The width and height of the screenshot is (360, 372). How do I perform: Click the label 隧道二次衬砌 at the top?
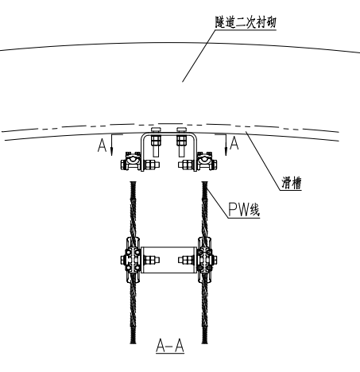[x=246, y=22]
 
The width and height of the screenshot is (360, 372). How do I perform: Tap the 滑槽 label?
[x=292, y=183]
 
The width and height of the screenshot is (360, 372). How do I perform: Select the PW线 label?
[x=244, y=210]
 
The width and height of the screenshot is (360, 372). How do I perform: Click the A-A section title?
[x=170, y=346]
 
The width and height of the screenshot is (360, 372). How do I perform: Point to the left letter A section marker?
[x=102, y=145]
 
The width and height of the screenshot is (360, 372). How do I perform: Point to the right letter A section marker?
[x=234, y=143]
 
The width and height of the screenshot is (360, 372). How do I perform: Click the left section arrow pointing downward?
[x=111, y=145]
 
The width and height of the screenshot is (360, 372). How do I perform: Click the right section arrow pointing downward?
[x=226, y=145]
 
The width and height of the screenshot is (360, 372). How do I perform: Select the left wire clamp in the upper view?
[x=131, y=161]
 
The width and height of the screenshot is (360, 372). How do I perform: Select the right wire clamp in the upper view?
[x=207, y=161]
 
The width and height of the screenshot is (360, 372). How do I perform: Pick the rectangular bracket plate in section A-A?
[x=168, y=260]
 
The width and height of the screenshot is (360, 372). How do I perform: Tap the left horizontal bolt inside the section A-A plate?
[x=152, y=260]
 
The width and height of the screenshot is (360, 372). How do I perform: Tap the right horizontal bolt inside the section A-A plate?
[x=186, y=260]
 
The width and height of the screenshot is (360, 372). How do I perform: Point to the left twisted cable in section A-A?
[x=133, y=262]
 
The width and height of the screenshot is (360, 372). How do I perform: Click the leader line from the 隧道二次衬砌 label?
[x=199, y=56]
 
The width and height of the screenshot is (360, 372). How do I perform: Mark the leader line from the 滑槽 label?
[x=263, y=161]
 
